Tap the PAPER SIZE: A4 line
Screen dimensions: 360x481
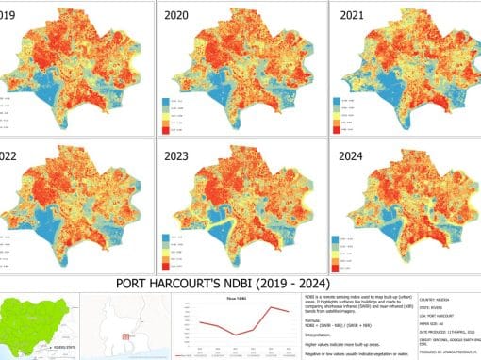(x=437, y=323)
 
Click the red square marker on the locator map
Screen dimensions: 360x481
(x=124, y=335)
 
